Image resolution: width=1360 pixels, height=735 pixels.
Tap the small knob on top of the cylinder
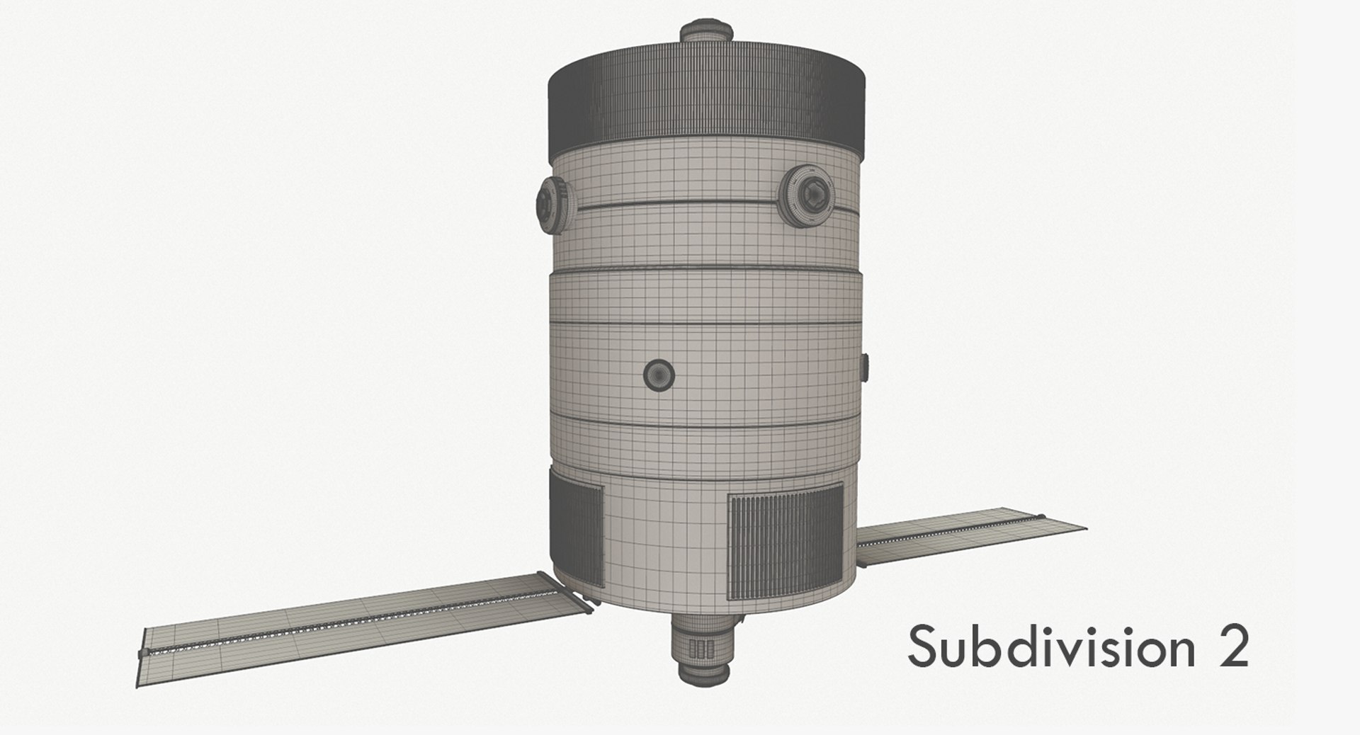(705, 32)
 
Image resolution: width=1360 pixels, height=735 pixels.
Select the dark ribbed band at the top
(707, 99)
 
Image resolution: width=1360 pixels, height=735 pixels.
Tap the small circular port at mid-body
(659, 373)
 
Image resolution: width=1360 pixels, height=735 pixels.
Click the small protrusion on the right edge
(863, 368)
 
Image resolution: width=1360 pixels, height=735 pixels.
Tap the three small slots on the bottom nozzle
(698, 649)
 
